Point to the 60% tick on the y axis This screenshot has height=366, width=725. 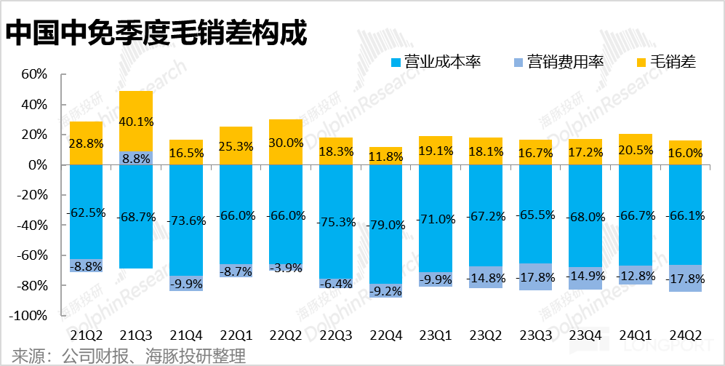click(34, 74)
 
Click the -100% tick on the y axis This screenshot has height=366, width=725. click(31, 317)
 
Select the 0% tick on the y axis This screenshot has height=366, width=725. click(38, 165)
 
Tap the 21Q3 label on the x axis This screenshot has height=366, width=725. click(136, 335)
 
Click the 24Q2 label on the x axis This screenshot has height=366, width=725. click(685, 335)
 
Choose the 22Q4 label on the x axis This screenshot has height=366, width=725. click(385, 335)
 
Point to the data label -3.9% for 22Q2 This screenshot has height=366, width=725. click(286, 268)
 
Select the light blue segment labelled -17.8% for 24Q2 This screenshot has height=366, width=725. click(685, 279)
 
